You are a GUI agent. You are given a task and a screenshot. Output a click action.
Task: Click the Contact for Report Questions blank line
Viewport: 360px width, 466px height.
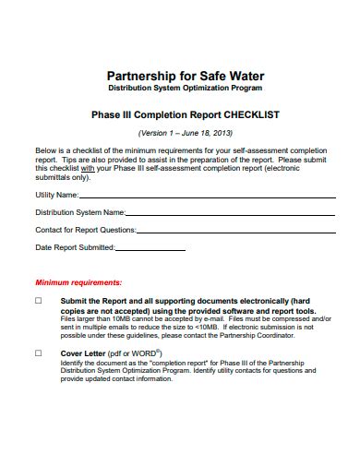(x=231, y=231)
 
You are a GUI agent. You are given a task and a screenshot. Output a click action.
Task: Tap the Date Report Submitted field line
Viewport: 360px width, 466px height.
(x=222, y=248)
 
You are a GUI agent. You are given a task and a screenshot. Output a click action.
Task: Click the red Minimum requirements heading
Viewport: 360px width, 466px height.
(x=78, y=281)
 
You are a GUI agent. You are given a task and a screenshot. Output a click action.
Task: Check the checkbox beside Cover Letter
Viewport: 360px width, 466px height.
(x=39, y=352)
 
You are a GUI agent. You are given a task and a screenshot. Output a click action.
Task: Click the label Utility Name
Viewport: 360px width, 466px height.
(x=56, y=196)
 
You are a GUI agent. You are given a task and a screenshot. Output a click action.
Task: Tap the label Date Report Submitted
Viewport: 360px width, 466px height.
(x=75, y=247)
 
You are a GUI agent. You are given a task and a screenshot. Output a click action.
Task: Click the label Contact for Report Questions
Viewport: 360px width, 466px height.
(x=85, y=230)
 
